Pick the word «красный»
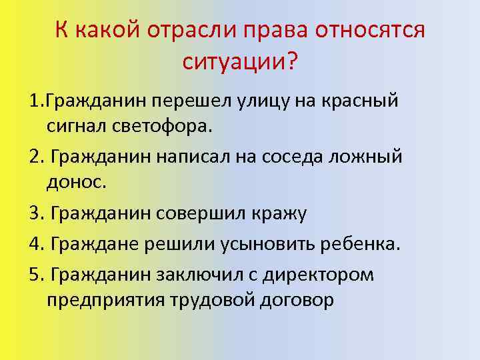pos(359,101)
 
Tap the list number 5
pos(35,275)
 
